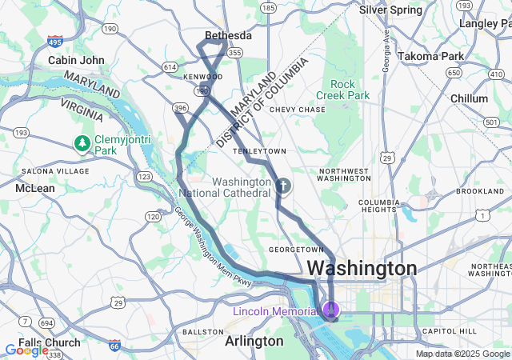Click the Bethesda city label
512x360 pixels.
pos(228,36)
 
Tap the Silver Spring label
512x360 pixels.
pos(390,10)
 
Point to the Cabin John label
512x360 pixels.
pos(76,60)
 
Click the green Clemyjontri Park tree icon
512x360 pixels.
pos(82,142)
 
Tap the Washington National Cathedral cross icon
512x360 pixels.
pos(282,187)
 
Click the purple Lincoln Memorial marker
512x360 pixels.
pos(330,310)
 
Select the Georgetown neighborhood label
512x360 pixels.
pos(295,250)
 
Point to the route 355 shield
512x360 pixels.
pos(234,52)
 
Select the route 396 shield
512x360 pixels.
pos(181,108)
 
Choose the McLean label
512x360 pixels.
pos(35,188)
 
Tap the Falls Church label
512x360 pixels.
pos(49,342)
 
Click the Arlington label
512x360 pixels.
pos(254,341)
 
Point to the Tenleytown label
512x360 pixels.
pos(258,150)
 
